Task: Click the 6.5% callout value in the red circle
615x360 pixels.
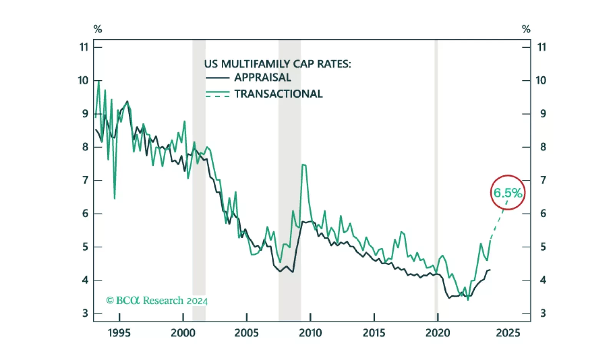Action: pos(508,193)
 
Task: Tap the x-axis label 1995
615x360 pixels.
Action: pos(119,333)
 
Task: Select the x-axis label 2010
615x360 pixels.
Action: pos(310,333)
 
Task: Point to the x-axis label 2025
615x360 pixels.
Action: pos(508,333)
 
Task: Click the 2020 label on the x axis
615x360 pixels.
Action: pos(437,333)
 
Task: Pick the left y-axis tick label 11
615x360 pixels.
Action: pos(84,47)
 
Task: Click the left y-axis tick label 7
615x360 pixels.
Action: pos(85,180)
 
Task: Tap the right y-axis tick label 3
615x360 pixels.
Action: pos(543,314)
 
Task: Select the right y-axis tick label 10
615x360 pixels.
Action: pos(541,80)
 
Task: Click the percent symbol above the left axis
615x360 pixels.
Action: pos(98,29)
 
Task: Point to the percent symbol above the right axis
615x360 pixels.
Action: pos(526,29)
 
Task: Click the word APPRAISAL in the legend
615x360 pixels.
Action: pos(263,78)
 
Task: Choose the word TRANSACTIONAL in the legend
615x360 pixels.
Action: pos(279,94)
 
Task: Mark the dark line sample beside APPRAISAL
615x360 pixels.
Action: pos(217,78)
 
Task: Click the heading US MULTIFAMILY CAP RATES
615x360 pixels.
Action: pos(278,64)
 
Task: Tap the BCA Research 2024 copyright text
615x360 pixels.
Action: pos(157,300)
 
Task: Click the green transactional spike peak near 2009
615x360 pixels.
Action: pos(304,165)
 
